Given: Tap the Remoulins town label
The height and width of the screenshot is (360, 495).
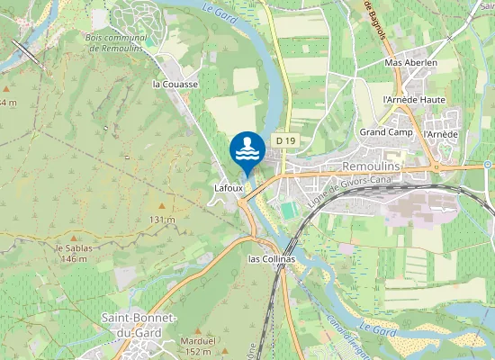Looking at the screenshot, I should coord(377,167).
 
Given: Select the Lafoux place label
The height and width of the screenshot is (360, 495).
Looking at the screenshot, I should coord(229,187).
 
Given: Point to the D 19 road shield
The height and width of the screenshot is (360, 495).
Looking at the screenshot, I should coord(286,140).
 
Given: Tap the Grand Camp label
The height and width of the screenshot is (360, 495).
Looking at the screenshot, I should coord(385,132).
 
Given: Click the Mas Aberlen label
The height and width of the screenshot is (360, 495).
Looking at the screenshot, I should coord(410,63).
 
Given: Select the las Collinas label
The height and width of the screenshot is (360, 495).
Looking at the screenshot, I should coord(271,259).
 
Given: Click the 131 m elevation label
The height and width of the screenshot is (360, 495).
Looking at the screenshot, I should coord(161,220).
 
